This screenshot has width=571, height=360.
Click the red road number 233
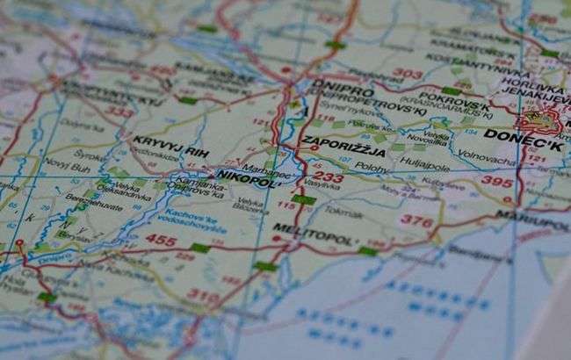coord(329,177)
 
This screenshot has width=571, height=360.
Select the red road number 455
coord(161,239)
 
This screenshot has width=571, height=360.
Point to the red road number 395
coord(496,181)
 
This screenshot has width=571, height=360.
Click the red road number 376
coord(416,221)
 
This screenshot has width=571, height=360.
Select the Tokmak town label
coord(343,210)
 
